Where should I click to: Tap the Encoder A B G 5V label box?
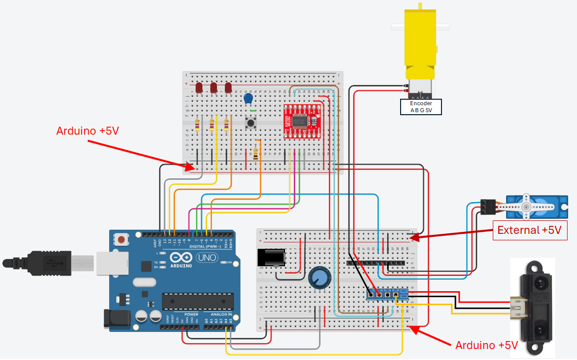click(421, 107)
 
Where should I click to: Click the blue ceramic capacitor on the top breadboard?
click(248, 99)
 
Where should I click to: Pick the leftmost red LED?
click(199, 88)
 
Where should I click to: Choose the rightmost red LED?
click(228, 88)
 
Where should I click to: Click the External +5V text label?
click(530, 230)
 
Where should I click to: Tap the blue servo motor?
click(536, 205)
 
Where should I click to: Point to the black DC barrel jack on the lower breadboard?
click(271, 258)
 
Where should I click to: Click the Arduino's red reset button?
click(122, 240)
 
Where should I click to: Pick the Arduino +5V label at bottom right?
click(486, 346)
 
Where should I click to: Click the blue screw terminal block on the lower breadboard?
click(388, 295)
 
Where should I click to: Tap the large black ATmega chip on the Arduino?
click(198, 301)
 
